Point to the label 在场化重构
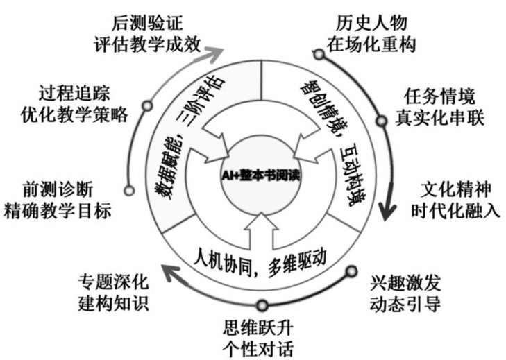[375, 44]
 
